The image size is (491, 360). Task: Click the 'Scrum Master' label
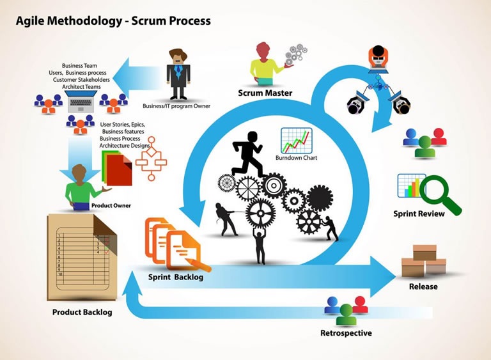click(265, 93)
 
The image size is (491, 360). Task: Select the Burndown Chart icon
click(296, 141)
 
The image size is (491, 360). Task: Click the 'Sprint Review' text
click(419, 214)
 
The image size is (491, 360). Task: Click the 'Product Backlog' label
click(82, 312)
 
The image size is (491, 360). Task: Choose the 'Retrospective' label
click(346, 333)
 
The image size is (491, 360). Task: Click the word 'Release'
click(423, 286)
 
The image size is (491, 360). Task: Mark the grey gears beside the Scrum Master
click(295, 55)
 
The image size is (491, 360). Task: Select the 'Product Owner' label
click(111, 206)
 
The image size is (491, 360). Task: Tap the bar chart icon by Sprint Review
click(411, 185)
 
